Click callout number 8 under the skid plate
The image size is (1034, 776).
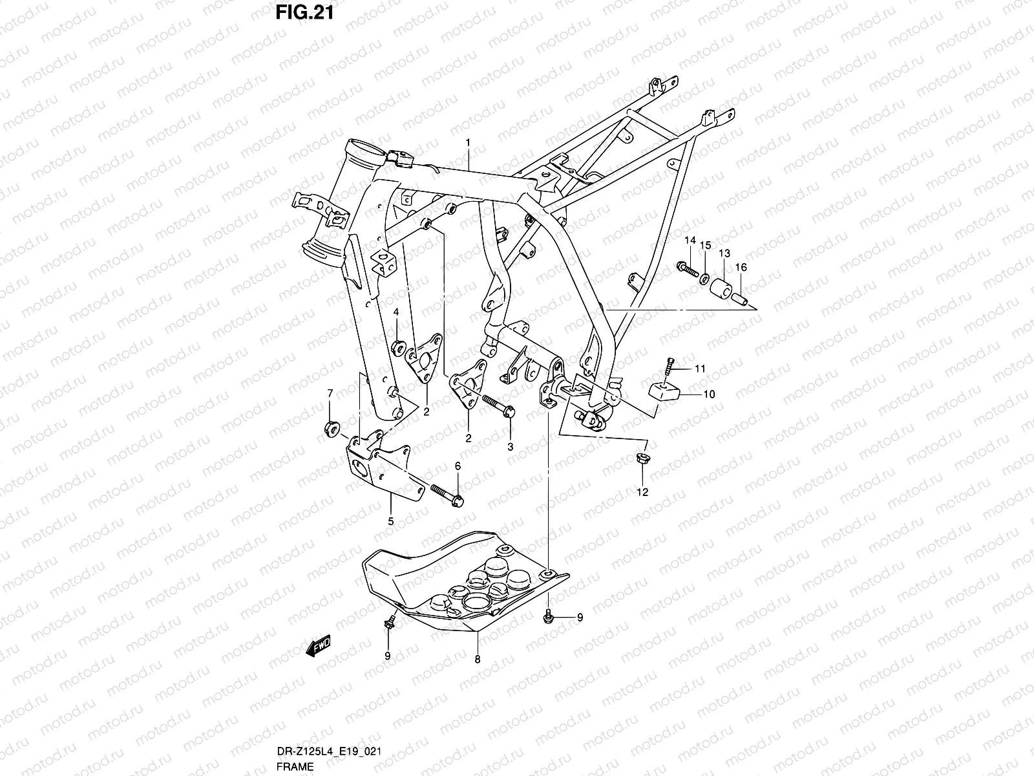coord(478,660)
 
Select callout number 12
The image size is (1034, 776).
coord(642,491)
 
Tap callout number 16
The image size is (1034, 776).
coord(741,267)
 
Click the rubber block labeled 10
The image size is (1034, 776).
coord(664,390)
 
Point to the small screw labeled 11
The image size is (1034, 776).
coord(670,366)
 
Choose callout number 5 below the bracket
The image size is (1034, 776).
coord(390,521)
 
